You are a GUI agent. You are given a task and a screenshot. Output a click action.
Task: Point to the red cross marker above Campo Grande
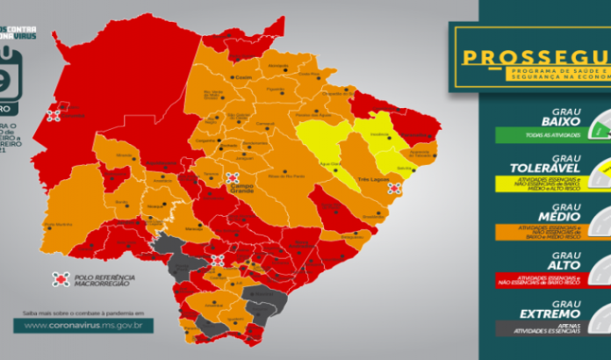234,177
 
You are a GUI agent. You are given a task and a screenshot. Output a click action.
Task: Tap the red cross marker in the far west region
54,115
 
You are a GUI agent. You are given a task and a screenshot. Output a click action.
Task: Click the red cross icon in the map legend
61,279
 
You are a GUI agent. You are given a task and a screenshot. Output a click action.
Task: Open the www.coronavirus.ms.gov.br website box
84,325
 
